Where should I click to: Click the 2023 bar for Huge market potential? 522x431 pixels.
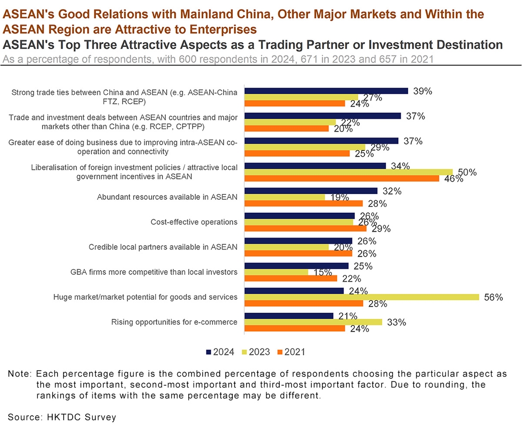coord(362,297)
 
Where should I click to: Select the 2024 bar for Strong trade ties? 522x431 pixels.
coord(326,91)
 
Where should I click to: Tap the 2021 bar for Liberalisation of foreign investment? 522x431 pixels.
coord(341,179)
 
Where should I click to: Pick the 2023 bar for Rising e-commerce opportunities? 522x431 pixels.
coord(313,322)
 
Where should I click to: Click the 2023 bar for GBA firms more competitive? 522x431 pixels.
coord(276,272)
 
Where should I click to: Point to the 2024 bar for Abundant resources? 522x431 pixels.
coord(311,191)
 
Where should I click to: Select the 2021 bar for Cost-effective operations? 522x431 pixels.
coord(305,228)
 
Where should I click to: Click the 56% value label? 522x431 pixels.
coord(493,297)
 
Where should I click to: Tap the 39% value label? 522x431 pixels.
coord(423,91)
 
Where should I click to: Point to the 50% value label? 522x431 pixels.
coord(467,172)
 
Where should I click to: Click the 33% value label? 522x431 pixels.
coord(397,322)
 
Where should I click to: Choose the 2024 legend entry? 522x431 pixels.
coord(220,352)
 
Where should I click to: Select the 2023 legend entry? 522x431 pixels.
coord(256,352)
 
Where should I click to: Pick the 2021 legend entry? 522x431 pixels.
coord(291,352)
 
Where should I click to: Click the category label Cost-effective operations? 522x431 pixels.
coord(194,222)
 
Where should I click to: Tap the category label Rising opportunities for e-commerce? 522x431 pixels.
coord(174,322)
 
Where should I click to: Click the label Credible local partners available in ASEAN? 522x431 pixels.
coord(163,247)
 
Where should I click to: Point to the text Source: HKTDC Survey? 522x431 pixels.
coord(62,417)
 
